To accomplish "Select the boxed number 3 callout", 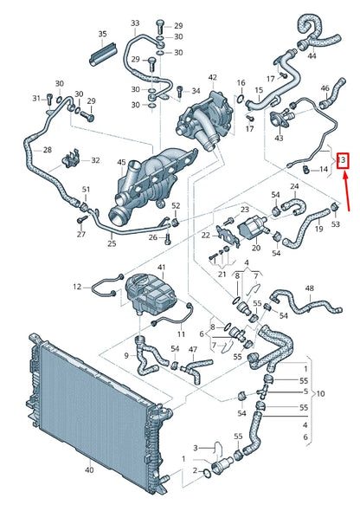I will tap(344, 160).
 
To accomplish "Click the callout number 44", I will tap(312, 55).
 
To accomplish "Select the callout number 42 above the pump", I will tap(212, 77).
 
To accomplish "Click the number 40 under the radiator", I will tap(88, 470).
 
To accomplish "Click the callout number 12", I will tap(76, 287).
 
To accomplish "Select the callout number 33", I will tap(134, 23).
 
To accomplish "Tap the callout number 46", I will tap(325, 88).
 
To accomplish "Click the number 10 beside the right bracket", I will tap(321, 393).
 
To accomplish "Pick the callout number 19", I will tap(317, 229).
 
